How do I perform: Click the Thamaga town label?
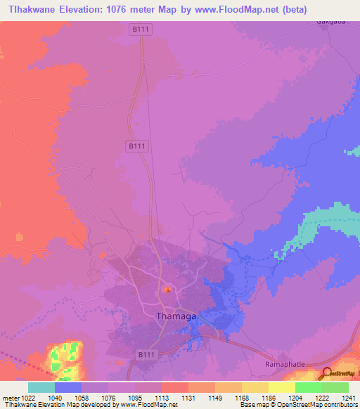[175, 317]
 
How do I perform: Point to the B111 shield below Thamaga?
[144, 355]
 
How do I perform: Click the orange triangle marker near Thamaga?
[167, 289]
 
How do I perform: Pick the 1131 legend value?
[187, 398]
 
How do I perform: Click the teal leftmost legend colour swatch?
[41, 387]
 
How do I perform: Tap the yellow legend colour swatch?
[282, 387]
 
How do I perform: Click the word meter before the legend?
[8, 398]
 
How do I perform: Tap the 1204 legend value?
[295, 398]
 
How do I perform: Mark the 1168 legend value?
[241, 398]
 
